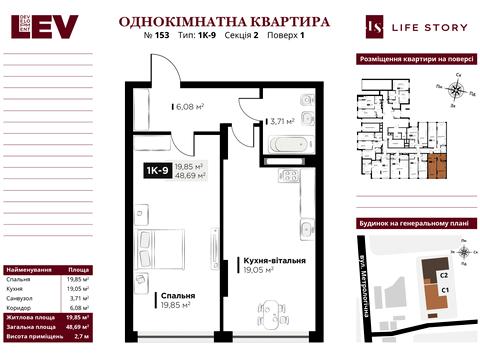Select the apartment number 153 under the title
tap(165, 38)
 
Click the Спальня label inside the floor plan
tap(175, 296)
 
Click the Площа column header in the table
tap(77, 271)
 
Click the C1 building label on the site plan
tap(445, 290)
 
